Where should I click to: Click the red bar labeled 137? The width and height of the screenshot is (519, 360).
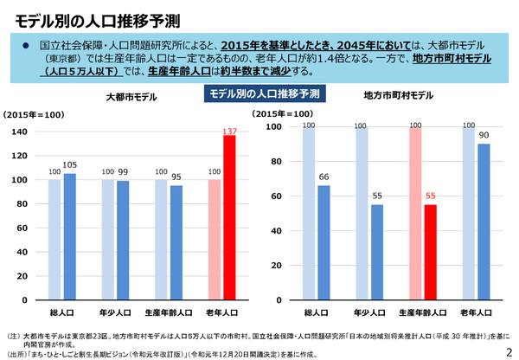[x=229, y=217]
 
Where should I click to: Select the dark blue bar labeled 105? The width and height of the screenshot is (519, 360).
[x=70, y=237]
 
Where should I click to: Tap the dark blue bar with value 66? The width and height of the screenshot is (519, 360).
[x=324, y=242]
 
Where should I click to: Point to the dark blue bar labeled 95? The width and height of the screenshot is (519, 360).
[x=176, y=243]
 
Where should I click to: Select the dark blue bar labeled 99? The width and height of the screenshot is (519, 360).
[x=123, y=241]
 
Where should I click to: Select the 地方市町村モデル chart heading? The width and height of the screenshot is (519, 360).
[x=399, y=95]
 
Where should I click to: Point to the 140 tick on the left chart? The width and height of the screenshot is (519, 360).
[x=20, y=132]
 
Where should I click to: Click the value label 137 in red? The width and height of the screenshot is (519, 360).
[x=229, y=130]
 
